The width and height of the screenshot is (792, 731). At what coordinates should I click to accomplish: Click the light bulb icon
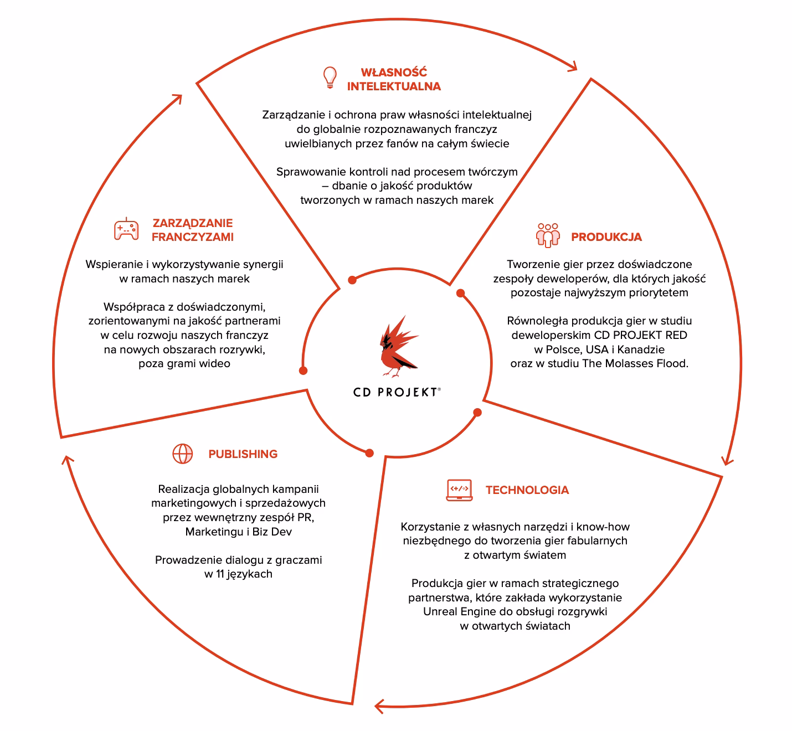[330, 77]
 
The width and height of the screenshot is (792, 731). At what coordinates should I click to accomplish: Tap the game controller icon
[126, 229]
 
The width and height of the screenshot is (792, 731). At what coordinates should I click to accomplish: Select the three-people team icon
[548, 235]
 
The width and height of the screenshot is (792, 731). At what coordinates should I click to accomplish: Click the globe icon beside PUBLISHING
[183, 454]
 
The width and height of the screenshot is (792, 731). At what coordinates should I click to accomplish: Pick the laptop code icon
[459, 490]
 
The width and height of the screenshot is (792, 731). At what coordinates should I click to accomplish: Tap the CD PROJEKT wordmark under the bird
[397, 393]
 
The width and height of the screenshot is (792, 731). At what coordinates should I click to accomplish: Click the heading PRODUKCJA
[606, 237]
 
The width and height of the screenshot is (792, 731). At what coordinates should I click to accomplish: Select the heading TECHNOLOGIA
[527, 490]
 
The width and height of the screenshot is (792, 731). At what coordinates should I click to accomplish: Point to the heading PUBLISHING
[243, 454]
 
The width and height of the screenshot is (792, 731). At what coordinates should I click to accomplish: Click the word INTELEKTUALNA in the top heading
[394, 86]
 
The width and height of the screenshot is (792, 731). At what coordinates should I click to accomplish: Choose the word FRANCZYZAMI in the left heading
[193, 237]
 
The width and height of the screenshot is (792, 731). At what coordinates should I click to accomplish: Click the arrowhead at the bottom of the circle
[379, 706]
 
